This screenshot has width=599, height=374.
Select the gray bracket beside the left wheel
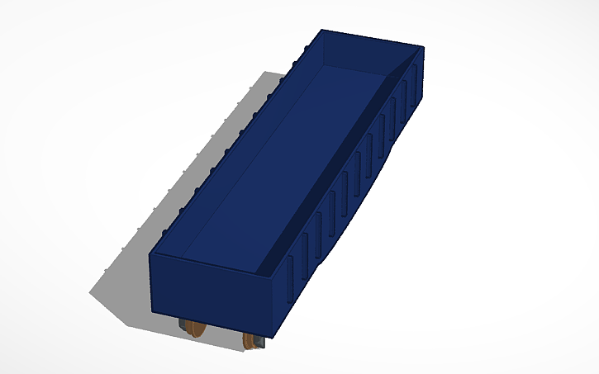click(x=183, y=326)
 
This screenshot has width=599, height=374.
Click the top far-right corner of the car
click(x=423, y=48)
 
